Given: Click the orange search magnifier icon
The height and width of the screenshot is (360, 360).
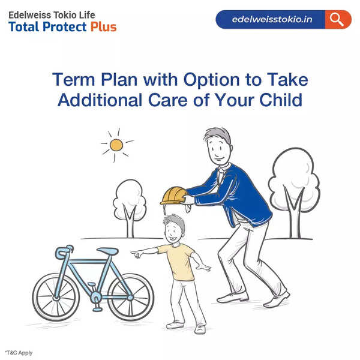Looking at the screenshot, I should [338, 19].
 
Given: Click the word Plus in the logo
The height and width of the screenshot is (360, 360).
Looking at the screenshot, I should [103, 26].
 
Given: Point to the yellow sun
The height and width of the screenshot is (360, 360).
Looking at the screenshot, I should [116, 145].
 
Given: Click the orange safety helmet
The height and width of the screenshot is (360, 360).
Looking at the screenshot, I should [173, 195].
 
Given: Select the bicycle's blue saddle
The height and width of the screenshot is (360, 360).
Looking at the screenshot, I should [107, 251].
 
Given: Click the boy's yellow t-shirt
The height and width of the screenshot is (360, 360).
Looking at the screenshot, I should [179, 261].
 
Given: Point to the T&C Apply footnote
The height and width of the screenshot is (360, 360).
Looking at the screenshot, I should [19, 353].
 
